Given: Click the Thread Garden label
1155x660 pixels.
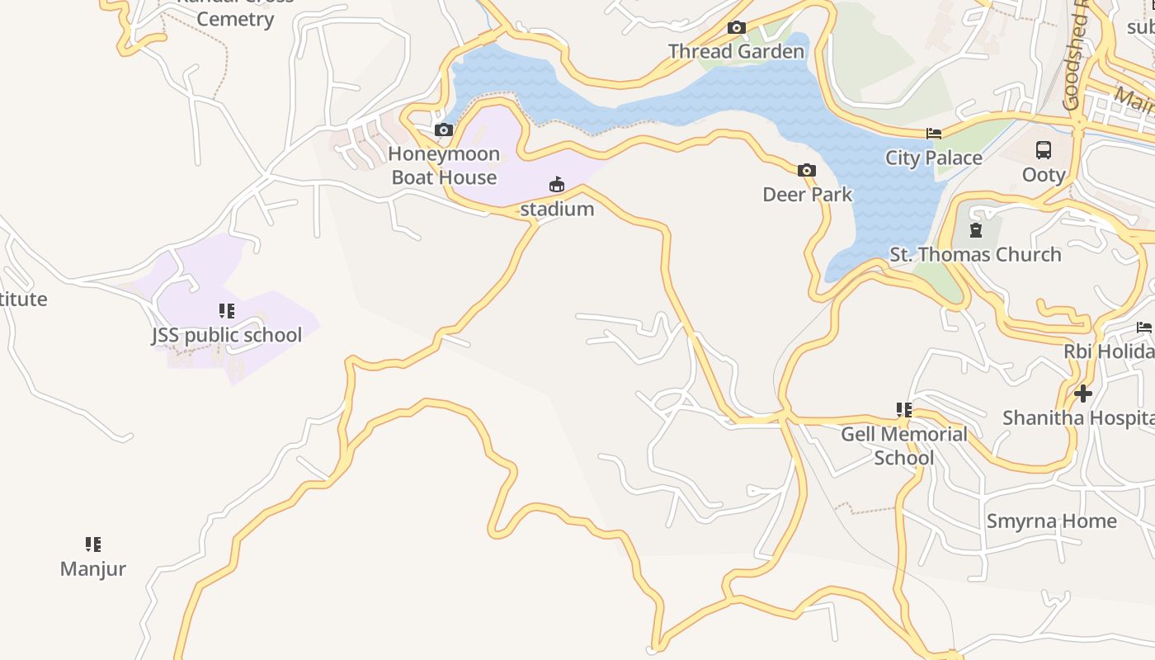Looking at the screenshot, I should [736, 51].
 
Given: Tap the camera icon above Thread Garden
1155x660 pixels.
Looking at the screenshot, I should [737, 28].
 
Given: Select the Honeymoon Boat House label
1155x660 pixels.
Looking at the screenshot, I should [444, 165].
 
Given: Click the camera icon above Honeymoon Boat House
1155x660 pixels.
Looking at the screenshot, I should [444, 130].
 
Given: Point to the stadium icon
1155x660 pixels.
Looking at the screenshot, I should [557, 184].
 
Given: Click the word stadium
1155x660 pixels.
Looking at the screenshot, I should [557, 209].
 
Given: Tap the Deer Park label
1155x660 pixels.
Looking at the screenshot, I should [807, 194].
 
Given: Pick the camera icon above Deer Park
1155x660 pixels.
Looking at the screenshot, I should [807, 171].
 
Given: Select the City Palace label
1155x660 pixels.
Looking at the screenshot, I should [934, 158].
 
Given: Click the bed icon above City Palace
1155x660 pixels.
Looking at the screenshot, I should [934, 134].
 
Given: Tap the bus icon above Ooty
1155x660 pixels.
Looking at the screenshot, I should [1044, 150].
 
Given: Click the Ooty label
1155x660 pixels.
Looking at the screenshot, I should [1044, 175].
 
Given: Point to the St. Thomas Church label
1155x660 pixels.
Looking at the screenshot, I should [975, 254].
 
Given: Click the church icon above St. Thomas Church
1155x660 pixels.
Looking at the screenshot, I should [976, 230].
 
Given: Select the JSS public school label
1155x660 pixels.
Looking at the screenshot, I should [226, 335].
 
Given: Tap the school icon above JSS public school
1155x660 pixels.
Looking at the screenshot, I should [227, 311].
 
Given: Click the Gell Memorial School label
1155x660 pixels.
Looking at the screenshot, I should [903, 445].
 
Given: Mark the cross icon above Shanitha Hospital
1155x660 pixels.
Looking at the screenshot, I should [1083, 394].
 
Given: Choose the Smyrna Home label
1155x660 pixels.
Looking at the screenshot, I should [1051, 521].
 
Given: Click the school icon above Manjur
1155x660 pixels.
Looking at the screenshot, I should [93, 544].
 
